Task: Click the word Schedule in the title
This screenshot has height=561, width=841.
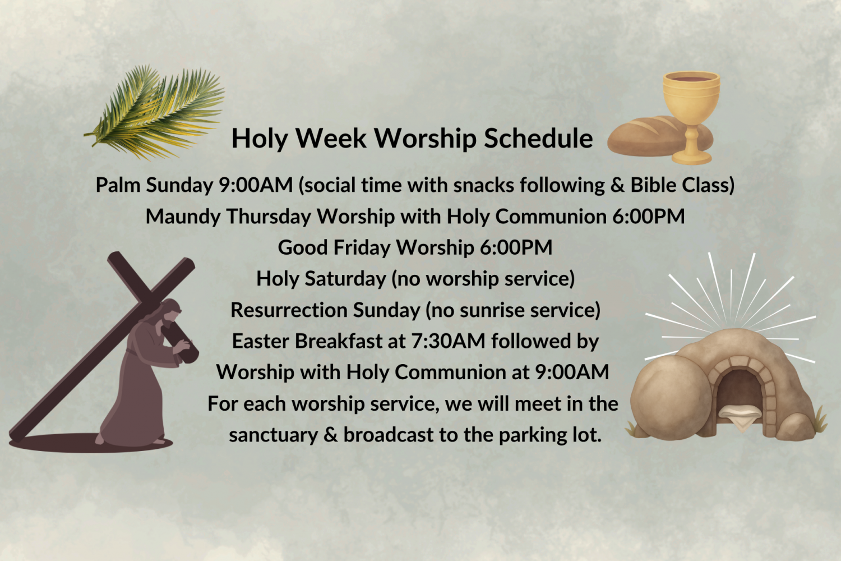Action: coord(538,138)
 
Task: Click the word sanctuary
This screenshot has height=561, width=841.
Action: coord(274,435)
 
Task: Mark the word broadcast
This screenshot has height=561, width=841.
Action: coord(388,435)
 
